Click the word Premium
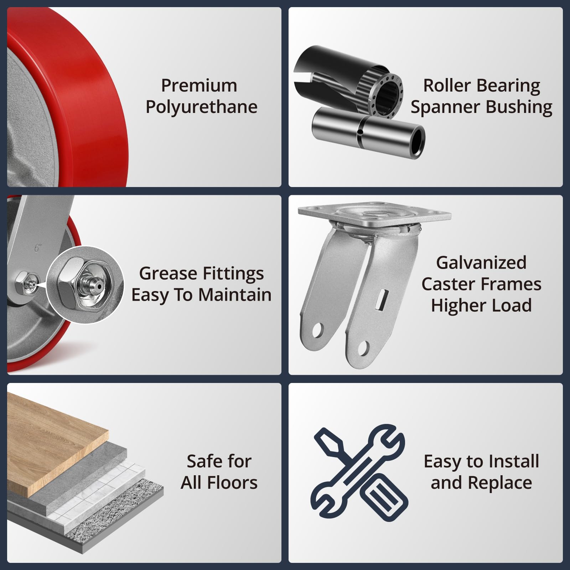pyautogui.click(x=199, y=85)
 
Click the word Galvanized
pyautogui.click(x=481, y=263)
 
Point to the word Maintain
pyautogui.click(x=235, y=295)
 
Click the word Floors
pyautogui.click(x=232, y=483)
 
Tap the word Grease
pyautogui.click(x=168, y=274)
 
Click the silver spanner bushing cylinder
pyautogui.click(x=368, y=132)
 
